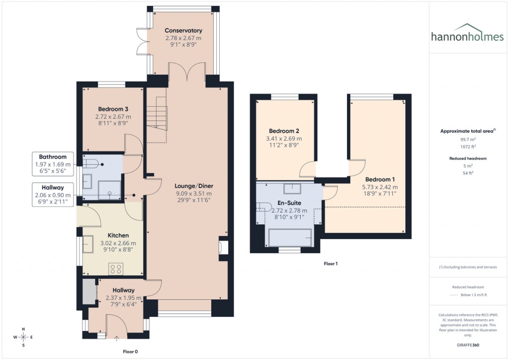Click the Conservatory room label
183,30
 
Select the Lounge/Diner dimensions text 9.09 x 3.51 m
193,193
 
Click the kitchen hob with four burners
116,269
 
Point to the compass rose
23,337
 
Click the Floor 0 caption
131,351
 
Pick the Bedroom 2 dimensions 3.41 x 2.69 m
284,139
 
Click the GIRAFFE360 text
468,345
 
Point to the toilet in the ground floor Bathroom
92,163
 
